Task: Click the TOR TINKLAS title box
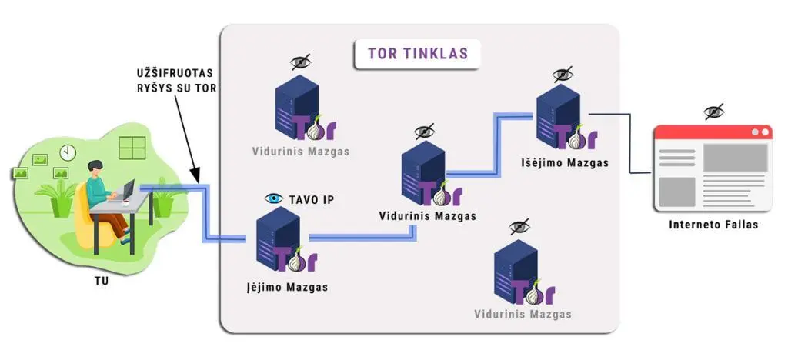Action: coord(417,54)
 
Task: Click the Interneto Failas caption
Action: coord(713,225)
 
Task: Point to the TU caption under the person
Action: coord(102,281)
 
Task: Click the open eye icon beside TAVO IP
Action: coord(274,198)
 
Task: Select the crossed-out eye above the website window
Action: coord(713,112)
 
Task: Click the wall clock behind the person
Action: coord(68,152)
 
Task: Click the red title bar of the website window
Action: coord(713,132)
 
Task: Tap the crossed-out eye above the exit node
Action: coord(563,75)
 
